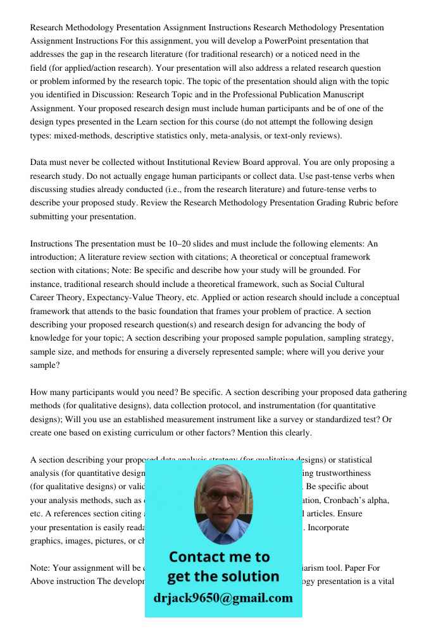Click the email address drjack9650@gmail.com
pyautogui.click(x=223, y=598)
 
